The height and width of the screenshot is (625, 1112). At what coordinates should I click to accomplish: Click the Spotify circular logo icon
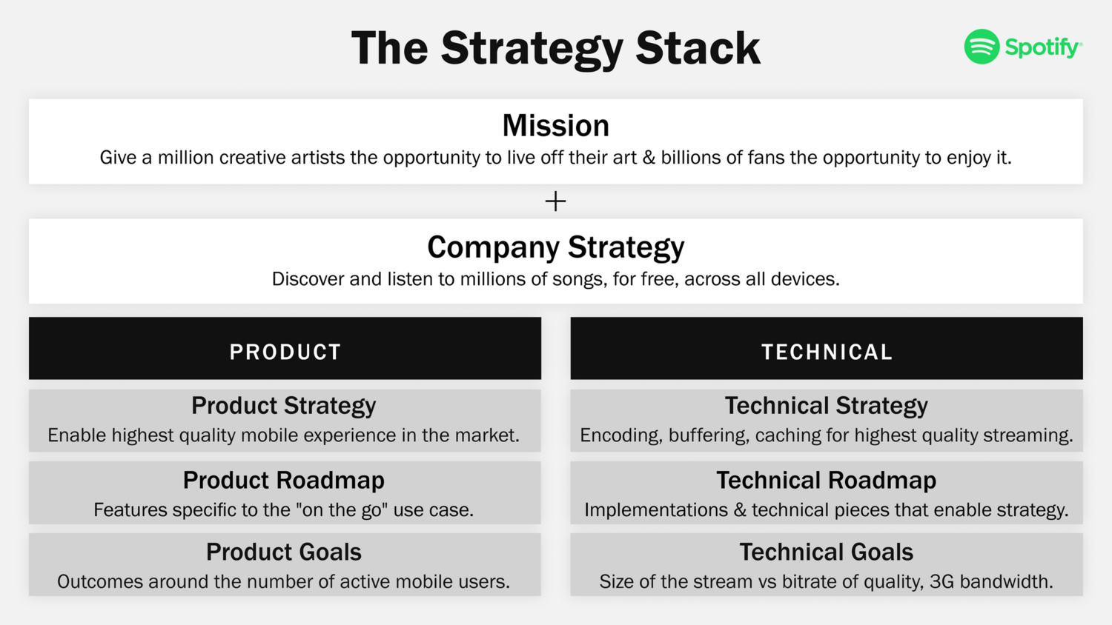tap(982, 47)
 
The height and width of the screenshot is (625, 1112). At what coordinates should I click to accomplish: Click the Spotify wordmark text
tap(1042, 48)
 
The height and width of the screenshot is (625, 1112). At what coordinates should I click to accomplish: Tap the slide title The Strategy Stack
tap(555, 49)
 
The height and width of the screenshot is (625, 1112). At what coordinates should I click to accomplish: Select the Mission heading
tap(555, 126)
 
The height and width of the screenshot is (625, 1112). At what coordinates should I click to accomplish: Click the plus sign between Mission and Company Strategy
tap(555, 201)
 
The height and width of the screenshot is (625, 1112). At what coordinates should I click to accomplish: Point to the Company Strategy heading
tap(555, 247)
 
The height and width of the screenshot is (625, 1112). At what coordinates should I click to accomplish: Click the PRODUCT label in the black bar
tap(285, 352)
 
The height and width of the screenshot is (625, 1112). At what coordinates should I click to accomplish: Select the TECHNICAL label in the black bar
tap(827, 352)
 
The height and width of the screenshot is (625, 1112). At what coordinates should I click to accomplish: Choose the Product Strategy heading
tap(284, 406)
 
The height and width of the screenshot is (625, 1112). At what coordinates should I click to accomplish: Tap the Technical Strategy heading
tap(826, 406)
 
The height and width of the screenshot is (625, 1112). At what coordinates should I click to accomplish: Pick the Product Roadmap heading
tap(284, 481)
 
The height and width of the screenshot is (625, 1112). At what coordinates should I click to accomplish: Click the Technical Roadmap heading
tap(826, 481)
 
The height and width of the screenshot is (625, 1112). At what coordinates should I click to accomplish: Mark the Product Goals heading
tap(284, 552)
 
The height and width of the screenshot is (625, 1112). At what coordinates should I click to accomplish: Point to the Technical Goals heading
tap(826, 552)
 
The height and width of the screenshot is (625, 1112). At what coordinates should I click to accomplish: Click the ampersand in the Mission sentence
tap(649, 158)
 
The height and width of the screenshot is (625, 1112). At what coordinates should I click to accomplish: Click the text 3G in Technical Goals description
tap(941, 582)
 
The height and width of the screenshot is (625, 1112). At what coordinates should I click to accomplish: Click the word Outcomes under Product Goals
tap(100, 582)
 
